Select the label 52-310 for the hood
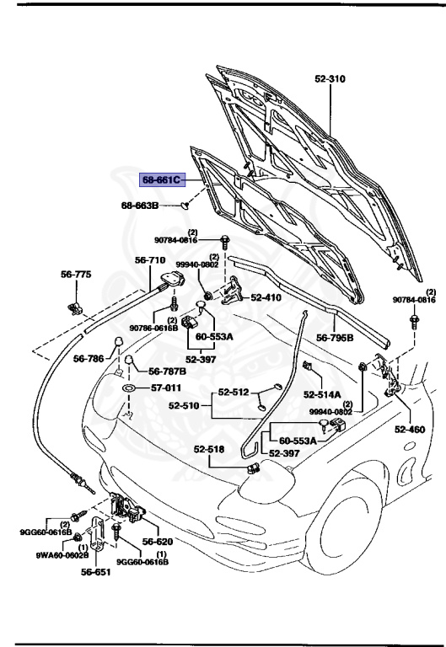pyautogui.click(x=332, y=78)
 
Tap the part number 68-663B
pyautogui.click(x=139, y=205)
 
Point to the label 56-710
pyautogui.click(x=152, y=260)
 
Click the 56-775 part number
pyautogui.click(x=75, y=275)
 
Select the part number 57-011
pyautogui.click(x=166, y=388)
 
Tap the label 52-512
pyautogui.click(x=235, y=392)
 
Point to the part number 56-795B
pyautogui.click(x=336, y=337)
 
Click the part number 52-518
pyautogui.click(x=208, y=449)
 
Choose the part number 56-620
pyautogui.click(x=157, y=543)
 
